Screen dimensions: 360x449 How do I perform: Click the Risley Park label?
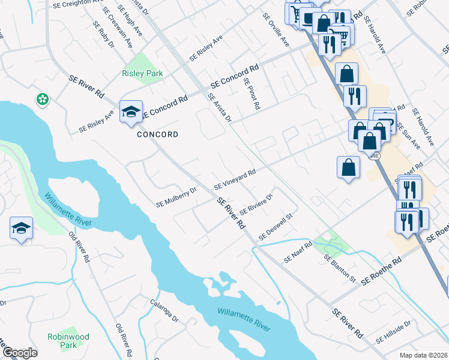pos(142,73)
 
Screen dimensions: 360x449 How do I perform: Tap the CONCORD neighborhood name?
pos(157,134)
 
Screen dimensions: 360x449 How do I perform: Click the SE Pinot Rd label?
pos(252,93)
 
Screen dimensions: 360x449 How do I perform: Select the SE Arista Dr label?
pos(220,109)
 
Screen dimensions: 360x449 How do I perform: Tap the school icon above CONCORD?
pos(131,112)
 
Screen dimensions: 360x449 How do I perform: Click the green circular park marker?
pos(43,99)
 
